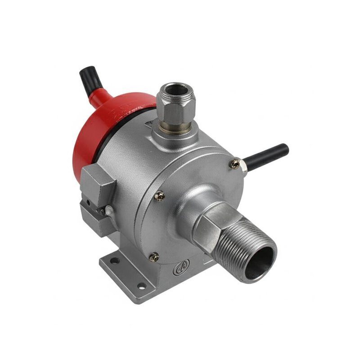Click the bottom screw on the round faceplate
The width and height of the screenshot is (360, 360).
click(154, 257)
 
